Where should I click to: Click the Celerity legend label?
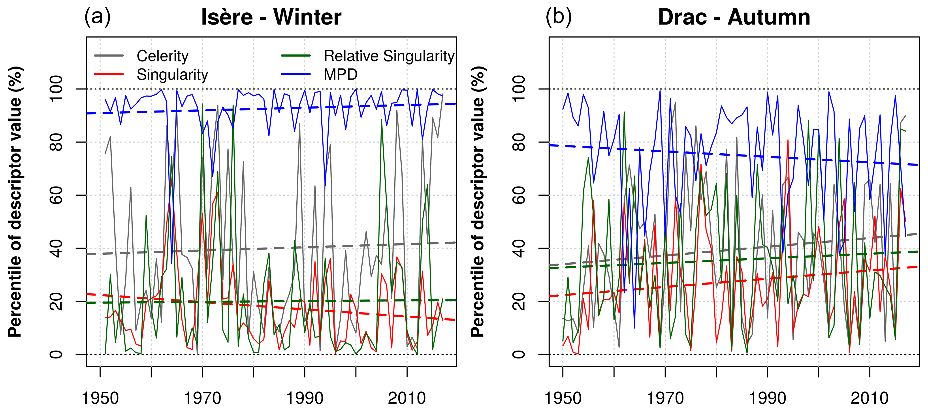162,56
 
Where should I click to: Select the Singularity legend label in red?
172,75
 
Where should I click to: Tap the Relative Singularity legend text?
389,56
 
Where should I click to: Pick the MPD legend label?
341,75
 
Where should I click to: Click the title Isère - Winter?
271,17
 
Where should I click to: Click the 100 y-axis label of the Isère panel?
56,89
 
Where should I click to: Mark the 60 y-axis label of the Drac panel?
519,195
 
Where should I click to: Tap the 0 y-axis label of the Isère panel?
56,354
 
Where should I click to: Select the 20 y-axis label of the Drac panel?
519,301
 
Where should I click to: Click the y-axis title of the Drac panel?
478,202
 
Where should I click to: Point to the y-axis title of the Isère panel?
15,202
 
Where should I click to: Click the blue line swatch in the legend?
296,74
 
